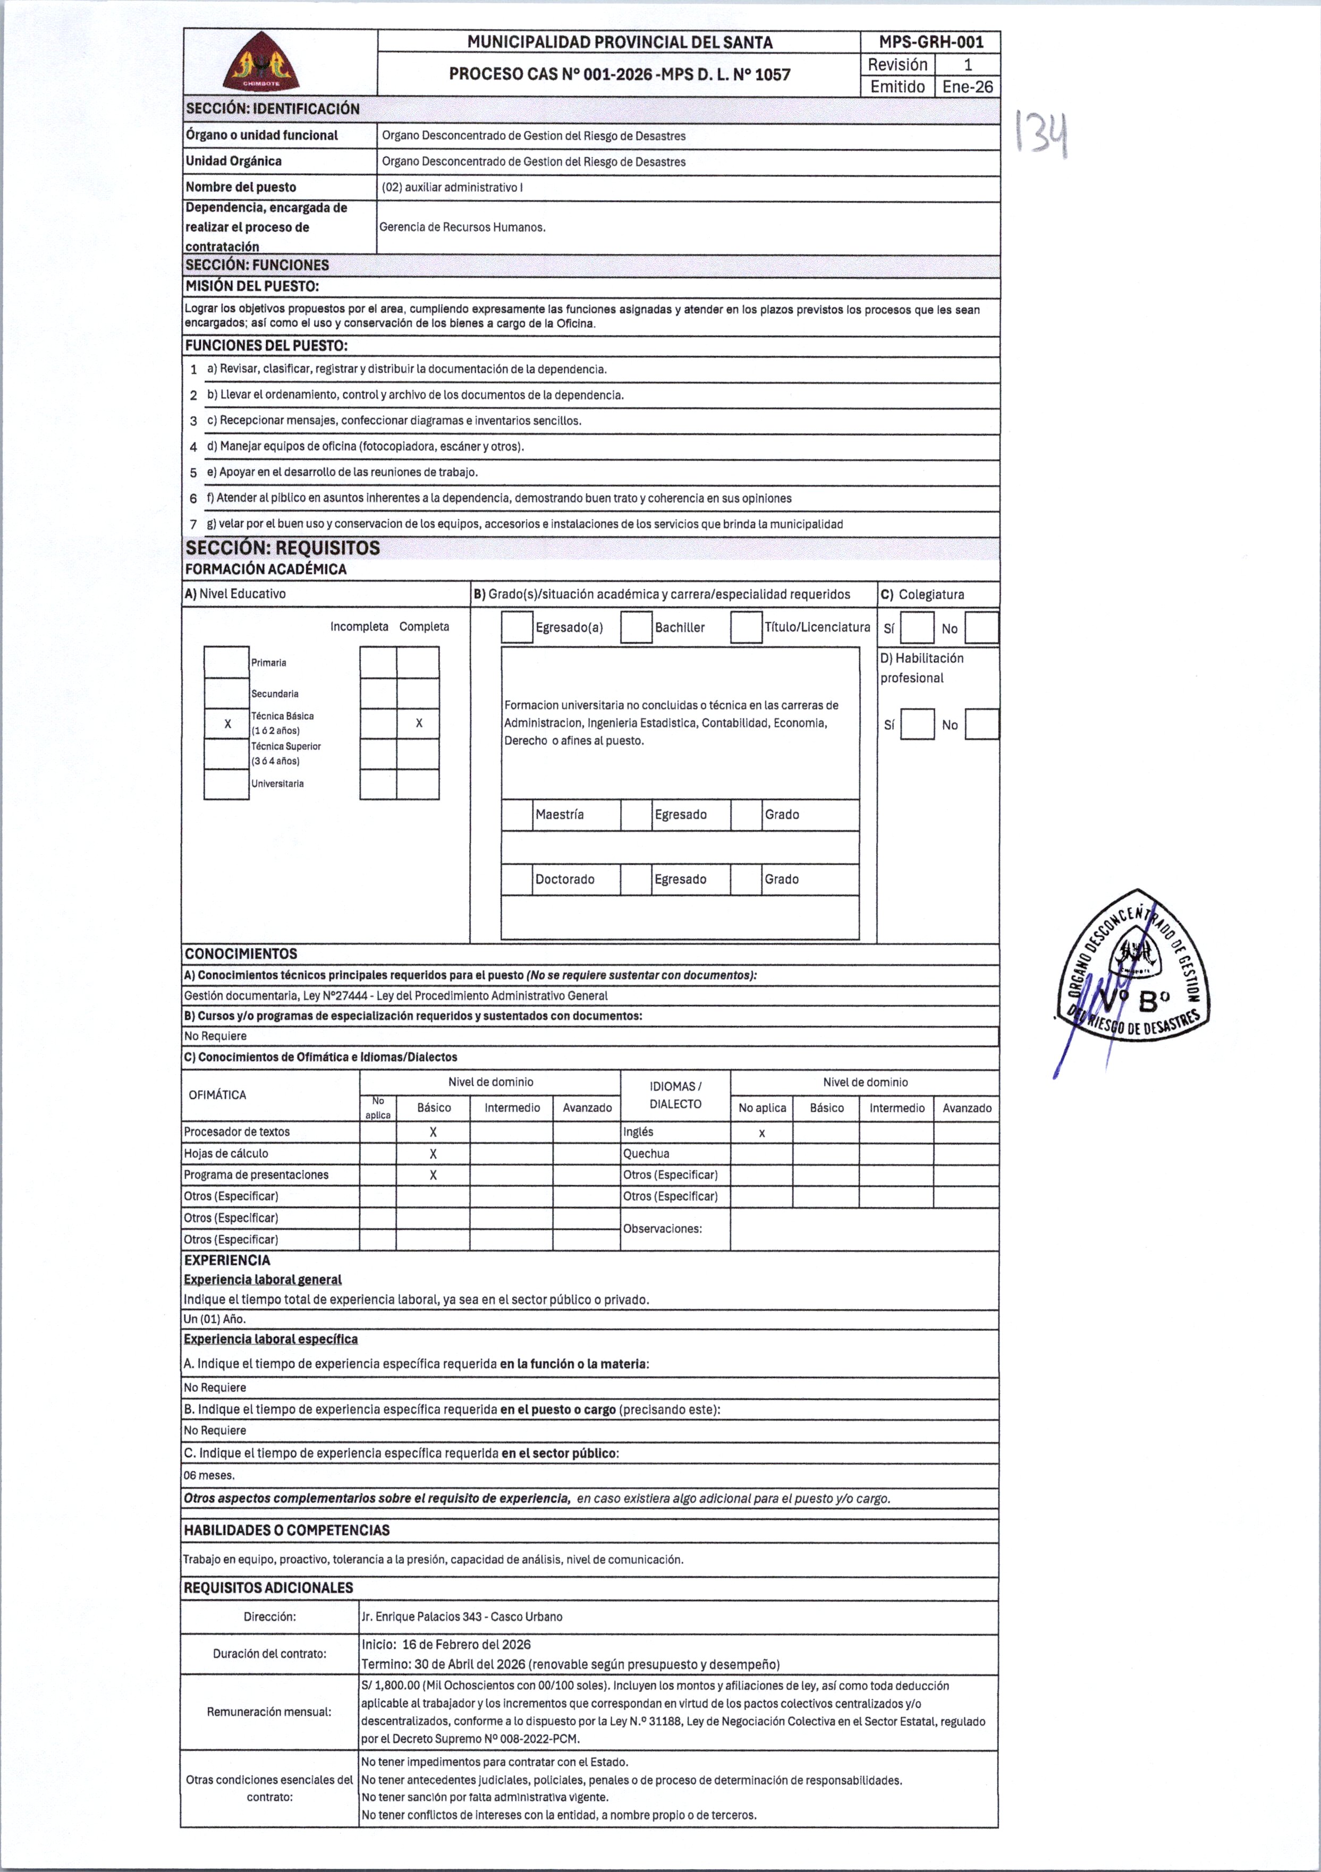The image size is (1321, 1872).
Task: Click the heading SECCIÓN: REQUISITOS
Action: tap(282, 548)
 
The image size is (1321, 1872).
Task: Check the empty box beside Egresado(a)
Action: tap(517, 627)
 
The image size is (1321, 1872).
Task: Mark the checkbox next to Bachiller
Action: tap(636, 627)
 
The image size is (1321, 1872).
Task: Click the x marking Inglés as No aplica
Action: tap(761, 1133)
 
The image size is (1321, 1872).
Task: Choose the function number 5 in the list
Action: tap(193, 473)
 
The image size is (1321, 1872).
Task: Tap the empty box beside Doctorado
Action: tap(517, 879)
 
